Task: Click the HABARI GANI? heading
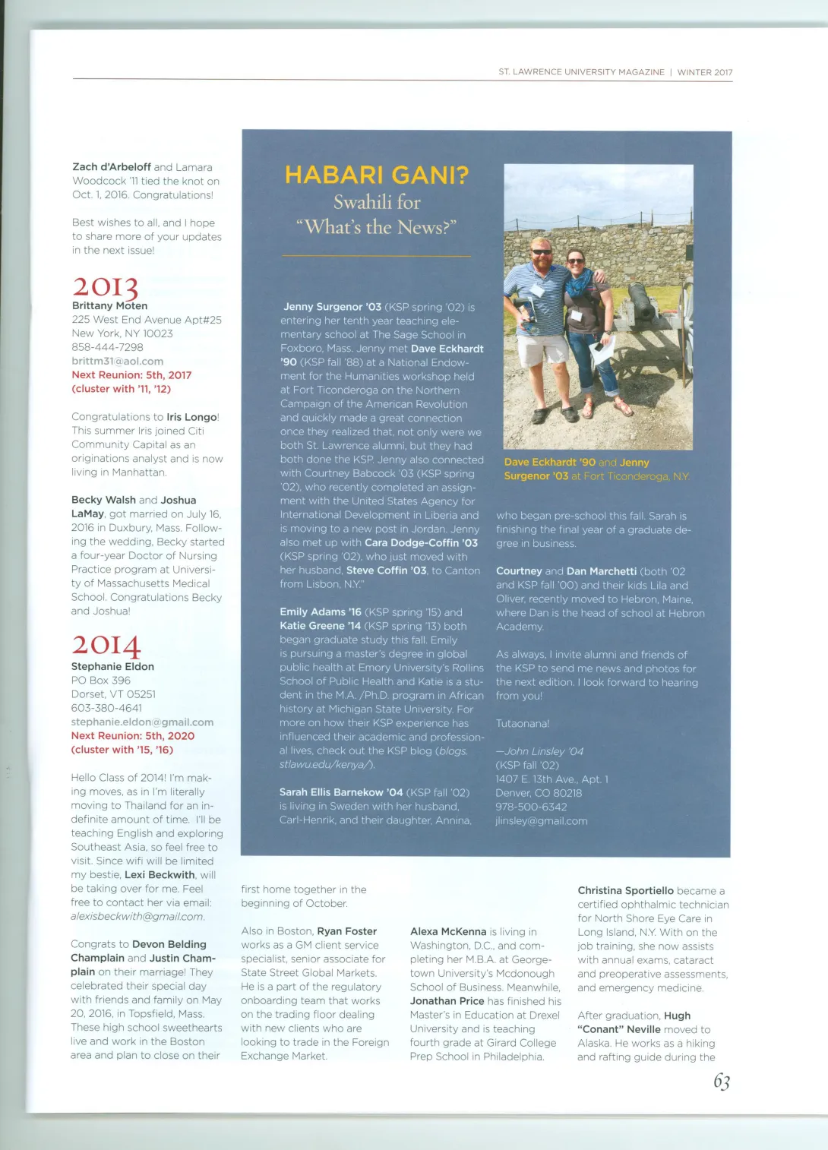tap(376, 175)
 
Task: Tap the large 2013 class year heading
tap(106, 287)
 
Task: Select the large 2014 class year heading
tap(106, 646)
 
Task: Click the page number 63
tap(721, 1082)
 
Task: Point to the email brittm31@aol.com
tap(118, 362)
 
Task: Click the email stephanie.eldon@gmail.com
tap(142, 722)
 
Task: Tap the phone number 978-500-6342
tap(531, 807)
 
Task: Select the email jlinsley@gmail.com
tap(541, 821)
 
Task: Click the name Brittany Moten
tap(109, 305)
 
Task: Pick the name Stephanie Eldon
tap(112, 666)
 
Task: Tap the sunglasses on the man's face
tap(541, 251)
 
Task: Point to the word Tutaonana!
tap(522, 724)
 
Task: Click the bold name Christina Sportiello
tap(625, 890)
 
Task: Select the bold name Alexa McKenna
tap(448, 931)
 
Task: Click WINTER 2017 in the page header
tap(705, 72)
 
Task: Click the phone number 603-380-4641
tap(106, 708)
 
